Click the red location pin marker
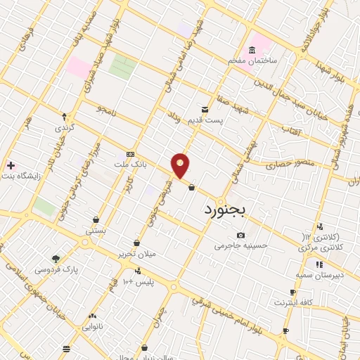point(181,165)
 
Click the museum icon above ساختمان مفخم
point(252,51)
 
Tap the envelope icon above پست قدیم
point(205,110)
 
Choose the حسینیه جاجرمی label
point(241,246)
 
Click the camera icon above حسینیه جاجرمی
point(241,235)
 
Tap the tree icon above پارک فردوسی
point(56,258)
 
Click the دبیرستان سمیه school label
point(319,275)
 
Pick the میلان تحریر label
point(136,253)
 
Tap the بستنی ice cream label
point(96,230)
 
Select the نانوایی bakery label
point(93,326)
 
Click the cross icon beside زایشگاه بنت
point(10,166)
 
